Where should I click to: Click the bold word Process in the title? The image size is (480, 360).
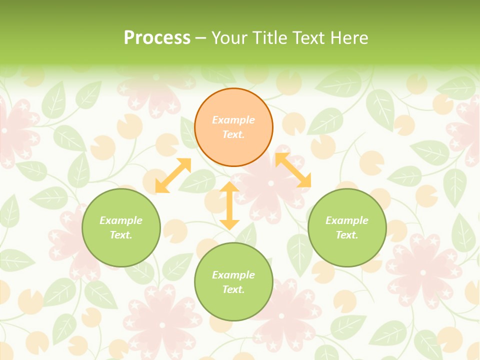pos(157,38)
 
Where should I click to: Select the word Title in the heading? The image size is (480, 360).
pos(269,38)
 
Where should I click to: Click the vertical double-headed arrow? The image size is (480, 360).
pos(229,205)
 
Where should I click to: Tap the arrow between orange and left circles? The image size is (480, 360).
pos(173,175)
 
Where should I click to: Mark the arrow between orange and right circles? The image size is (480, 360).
pos(293,170)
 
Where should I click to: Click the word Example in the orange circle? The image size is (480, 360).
pos(233,120)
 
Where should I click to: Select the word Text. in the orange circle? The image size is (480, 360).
pos(233,134)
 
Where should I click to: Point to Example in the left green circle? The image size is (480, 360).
pos(121,220)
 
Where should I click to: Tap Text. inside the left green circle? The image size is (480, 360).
pos(121,235)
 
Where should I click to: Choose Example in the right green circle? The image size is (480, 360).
pos(347,220)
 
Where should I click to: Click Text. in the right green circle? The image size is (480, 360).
pos(347,235)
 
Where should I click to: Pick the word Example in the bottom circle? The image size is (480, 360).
pos(233,275)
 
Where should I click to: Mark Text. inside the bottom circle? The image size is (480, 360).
pos(233,289)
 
